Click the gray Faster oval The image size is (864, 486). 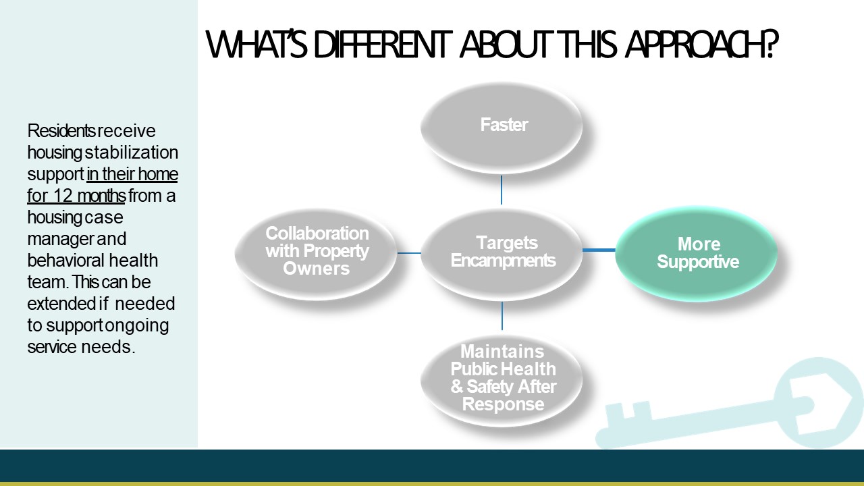click(502, 128)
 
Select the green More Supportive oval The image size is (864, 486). click(696, 253)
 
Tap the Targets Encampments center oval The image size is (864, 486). click(502, 254)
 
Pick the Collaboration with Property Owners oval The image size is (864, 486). click(316, 254)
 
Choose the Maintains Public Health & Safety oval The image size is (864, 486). click(502, 380)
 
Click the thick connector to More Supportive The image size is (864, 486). click(599, 250)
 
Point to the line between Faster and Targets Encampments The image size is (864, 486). click(502, 190)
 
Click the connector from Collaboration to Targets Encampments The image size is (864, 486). click(409, 253)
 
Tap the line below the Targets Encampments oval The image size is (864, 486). click(502, 316)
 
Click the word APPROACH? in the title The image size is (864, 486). click(701, 44)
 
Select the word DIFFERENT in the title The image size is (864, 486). click(383, 45)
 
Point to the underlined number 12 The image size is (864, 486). click(63, 196)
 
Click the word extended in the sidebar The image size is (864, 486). click(61, 304)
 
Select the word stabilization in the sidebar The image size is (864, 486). click(132, 153)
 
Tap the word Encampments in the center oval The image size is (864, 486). click(504, 261)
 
